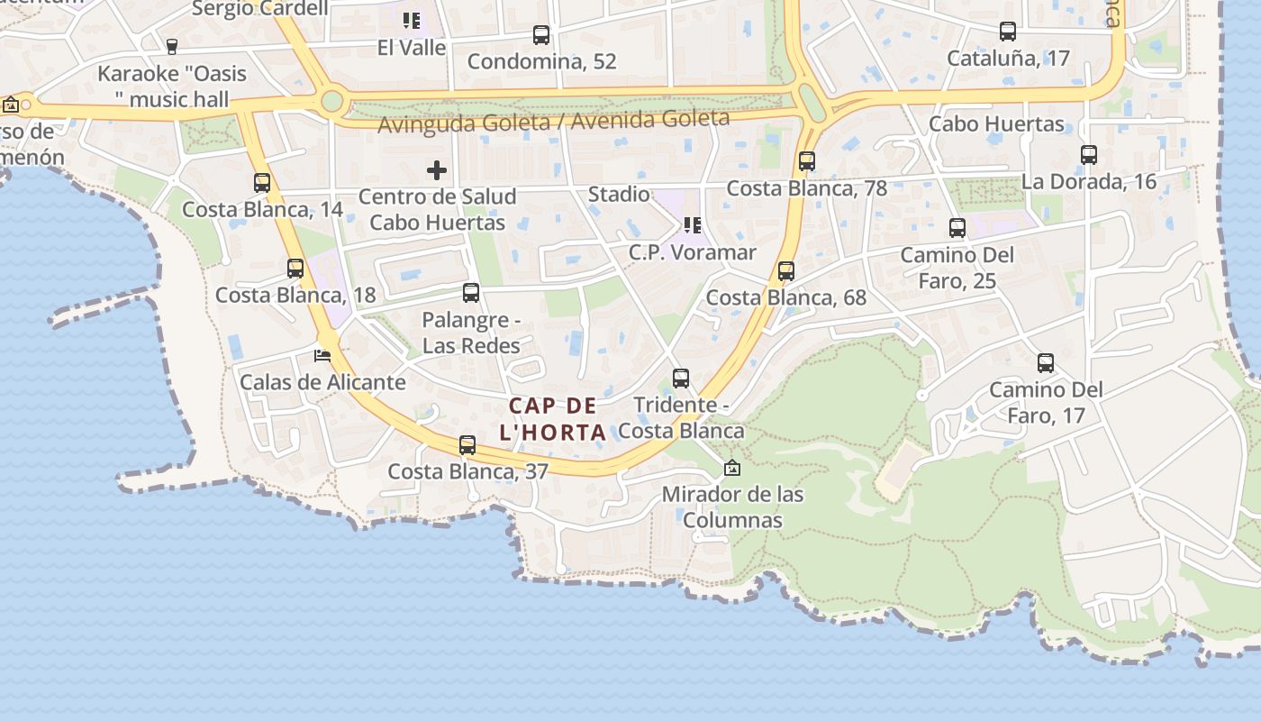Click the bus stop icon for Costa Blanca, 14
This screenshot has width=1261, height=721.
point(262,183)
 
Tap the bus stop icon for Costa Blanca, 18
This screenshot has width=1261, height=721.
point(295,269)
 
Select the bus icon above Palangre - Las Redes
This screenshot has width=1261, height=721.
point(471,293)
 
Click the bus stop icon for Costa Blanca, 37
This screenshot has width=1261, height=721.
point(467,445)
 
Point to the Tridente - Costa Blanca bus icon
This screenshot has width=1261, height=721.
point(681,379)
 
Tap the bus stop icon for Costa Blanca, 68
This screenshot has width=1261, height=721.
point(786,271)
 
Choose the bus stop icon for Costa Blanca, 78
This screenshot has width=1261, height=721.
point(807,161)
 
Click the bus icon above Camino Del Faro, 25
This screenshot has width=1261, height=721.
point(957,228)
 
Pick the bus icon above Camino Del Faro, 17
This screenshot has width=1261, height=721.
point(1046,363)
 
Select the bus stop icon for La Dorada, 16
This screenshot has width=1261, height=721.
point(1089,155)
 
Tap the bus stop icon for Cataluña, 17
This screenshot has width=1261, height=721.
point(1008,32)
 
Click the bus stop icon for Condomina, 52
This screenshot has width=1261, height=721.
point(541,35)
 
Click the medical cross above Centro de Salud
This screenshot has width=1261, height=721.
point(437,169)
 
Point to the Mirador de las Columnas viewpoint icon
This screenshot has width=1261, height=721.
point(732,468)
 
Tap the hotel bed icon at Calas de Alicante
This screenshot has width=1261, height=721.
point(322,355)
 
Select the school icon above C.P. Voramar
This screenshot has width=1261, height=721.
point(692,225)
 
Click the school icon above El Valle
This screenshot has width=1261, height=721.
point(412,20)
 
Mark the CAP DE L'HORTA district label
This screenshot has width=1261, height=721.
point(553,418)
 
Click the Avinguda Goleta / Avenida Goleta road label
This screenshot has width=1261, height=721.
point(553,121)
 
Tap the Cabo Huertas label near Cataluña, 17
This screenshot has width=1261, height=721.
point(996,123)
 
